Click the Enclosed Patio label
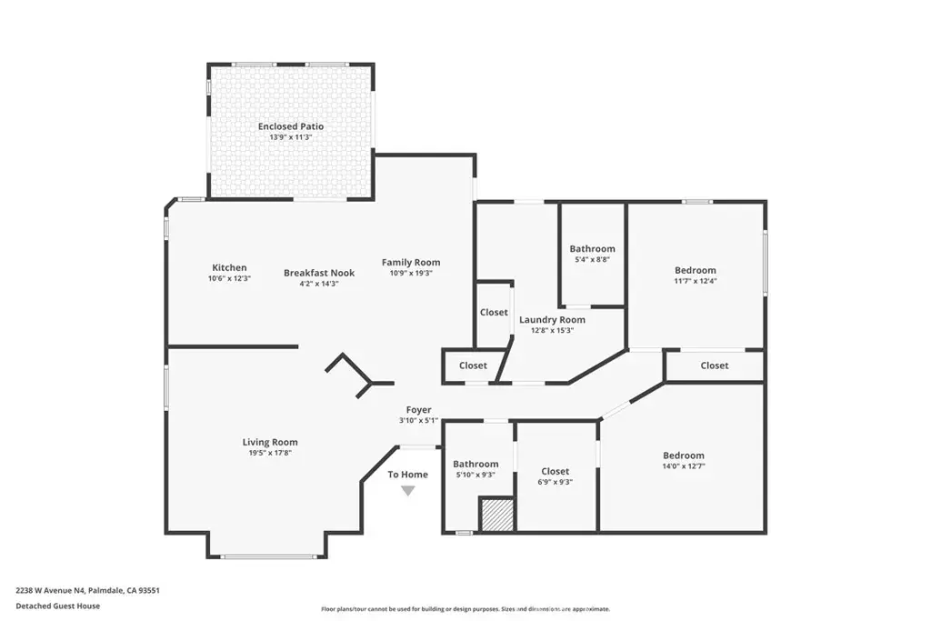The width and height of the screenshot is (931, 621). click(x=291, y=126)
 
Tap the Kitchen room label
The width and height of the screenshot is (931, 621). click(x=229, y=267)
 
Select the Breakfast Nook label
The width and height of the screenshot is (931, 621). click(x=319, y=273)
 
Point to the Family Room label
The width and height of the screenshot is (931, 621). click(x=411, y=263)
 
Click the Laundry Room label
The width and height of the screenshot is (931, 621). click(x=552, y=320)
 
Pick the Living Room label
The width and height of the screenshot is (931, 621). click(x=270, y=442)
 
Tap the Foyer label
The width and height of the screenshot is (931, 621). click(x=418, y=410)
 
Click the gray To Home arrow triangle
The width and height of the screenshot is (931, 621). click(x=408, y=490)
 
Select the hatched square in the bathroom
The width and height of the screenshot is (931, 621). click(x=497, y=515)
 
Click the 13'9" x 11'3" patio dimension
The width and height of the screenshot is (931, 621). click(x=291, y=137)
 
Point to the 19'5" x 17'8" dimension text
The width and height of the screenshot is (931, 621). click(x=270, y=453)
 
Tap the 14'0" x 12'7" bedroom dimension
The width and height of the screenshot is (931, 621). click(x=684, y=466)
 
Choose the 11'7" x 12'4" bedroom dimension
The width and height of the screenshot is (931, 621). click(x=696, y=281)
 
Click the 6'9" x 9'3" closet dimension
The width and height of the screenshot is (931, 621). click(x=556, y=482)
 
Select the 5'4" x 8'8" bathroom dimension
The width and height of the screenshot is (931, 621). click(x=592, y=259)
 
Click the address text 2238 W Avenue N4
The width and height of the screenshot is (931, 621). click(x=51, y=591)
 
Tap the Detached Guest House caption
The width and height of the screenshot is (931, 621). click(x=57, y=606)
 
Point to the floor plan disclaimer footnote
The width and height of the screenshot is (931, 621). click(x=465, y=609)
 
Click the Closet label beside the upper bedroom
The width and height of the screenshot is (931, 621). click(x=715, y=366)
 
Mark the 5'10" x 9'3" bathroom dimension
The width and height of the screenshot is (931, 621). click(x=476, y=475)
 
